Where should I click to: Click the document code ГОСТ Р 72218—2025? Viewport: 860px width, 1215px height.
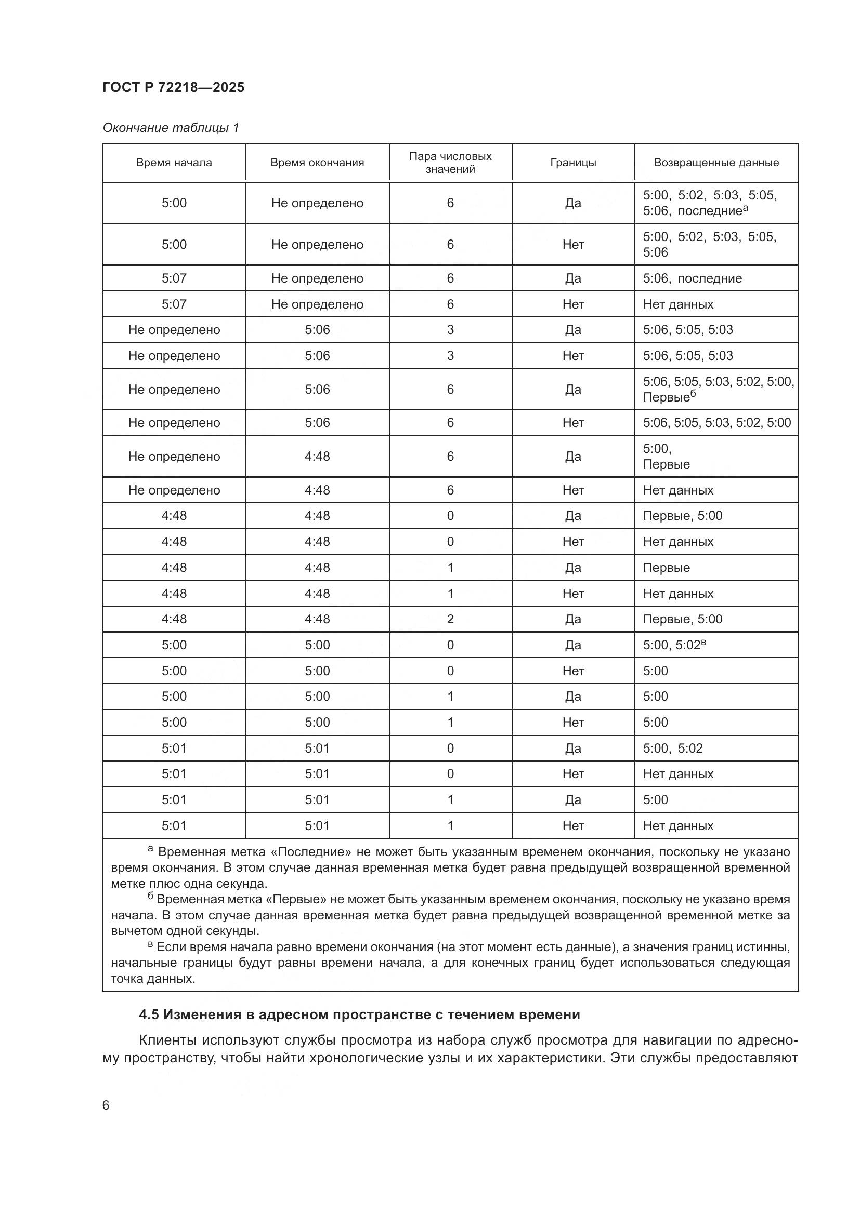pyautogui.click(x=173, y=87)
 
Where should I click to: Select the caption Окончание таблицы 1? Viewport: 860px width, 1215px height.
pyautogui.click(x=171, y=128)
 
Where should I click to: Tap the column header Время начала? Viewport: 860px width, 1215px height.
pyautogui.click(x=174, y=163)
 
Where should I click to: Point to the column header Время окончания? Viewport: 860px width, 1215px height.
pyautogui.click(x=317, y=163)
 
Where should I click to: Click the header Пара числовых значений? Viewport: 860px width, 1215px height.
pyautogui.click(x=450, y=163)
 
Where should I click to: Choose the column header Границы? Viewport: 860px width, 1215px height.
pyautogui.click(x=572, y=163)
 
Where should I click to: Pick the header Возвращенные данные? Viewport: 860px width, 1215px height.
pyautogui.click(x=716, y=163)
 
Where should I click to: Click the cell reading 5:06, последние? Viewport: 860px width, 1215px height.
pyautogui.click(x=692, y=278)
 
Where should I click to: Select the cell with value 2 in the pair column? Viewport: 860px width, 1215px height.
pyautogui.click(x=450, y=619)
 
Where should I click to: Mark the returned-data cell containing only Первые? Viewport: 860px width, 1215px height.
pyautogui.click(x=666, y=567)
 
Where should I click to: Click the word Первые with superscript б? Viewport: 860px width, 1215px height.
pyautogui.click(x=666, y=397)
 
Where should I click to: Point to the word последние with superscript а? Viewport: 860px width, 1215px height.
pyautogui.click(x=710, y=211)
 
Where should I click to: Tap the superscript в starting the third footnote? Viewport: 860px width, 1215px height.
pyautogui.click(x=150, y=944)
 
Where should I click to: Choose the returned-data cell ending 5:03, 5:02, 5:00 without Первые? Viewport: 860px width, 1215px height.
pyautogui.click(x=716, y=422)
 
